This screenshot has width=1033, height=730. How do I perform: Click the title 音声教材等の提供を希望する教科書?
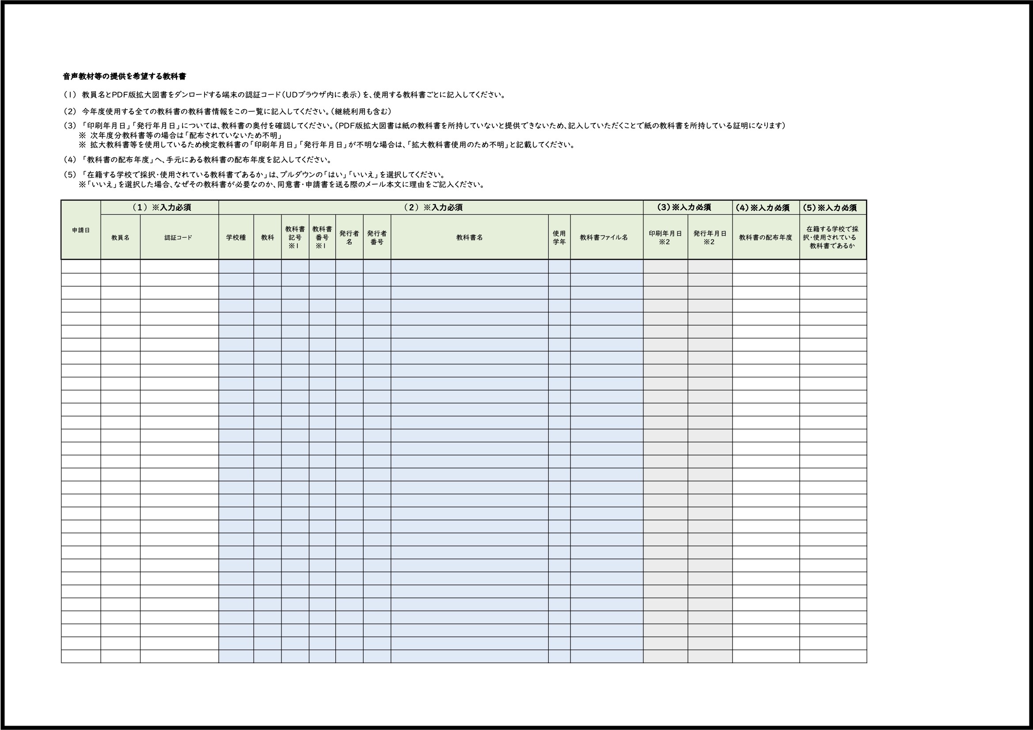[124, 76]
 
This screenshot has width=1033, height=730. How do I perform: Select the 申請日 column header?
[81, 230]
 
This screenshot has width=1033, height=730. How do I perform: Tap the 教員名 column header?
[120, 237]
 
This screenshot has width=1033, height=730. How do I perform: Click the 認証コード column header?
[178, 237]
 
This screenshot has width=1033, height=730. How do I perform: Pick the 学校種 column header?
[236, 237]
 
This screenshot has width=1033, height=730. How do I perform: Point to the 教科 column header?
[267, 237]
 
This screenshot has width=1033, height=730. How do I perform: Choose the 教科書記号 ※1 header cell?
[295, 237]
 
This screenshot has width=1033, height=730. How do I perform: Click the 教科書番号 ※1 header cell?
[322, 237]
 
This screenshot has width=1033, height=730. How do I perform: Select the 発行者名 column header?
[349, 237]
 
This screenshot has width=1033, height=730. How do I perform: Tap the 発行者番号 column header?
[376, 237]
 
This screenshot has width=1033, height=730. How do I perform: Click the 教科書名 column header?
[469, 237]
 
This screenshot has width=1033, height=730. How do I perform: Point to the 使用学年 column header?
[559, 237]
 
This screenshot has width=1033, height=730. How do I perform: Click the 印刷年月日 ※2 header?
[665, 237]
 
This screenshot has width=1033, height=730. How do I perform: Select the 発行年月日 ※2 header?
[710, 237]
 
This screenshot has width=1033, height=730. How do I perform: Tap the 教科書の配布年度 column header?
[765, 237]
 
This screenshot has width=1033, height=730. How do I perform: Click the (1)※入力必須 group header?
[161, 208]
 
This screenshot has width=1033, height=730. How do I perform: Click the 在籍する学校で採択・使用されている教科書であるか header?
[832, 237]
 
